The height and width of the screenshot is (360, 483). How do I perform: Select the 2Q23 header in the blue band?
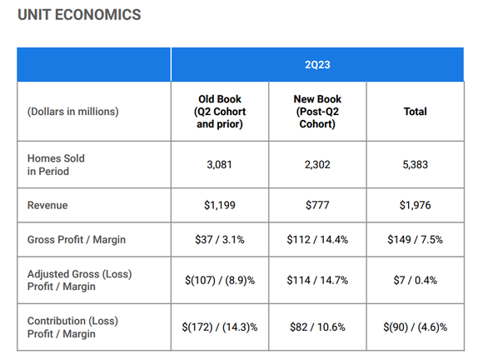tap(317, 64)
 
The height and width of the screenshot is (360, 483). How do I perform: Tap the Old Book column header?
tap(221, 112)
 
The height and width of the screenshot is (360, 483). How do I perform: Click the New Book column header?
tap(317, 112)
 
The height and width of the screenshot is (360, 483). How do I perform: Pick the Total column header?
tap(415, 112)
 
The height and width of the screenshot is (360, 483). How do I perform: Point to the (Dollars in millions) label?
tap(73, 112)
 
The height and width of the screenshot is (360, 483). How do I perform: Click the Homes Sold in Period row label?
tap(56, 165)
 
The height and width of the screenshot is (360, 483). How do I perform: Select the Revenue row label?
tap(47, 204)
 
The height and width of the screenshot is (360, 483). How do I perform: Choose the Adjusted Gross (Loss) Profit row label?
tap(79, 280)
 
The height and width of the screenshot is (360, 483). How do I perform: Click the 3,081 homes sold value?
tap(221, 165)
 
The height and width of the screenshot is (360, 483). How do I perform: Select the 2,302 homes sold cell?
tap(317, 165)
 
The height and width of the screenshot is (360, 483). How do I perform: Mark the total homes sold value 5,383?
tap(415, 165)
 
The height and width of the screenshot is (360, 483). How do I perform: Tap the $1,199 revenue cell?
tap(221, 204)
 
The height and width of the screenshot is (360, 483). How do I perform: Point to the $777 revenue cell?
tap(317, 204)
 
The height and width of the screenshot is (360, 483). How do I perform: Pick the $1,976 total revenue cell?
tap(415, 204)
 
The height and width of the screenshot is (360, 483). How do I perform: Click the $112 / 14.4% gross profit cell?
tap(317, 239)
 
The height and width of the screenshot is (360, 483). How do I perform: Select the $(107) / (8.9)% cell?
tap(221, 280)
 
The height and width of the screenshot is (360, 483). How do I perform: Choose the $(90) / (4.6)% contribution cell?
tap(415, 327)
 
